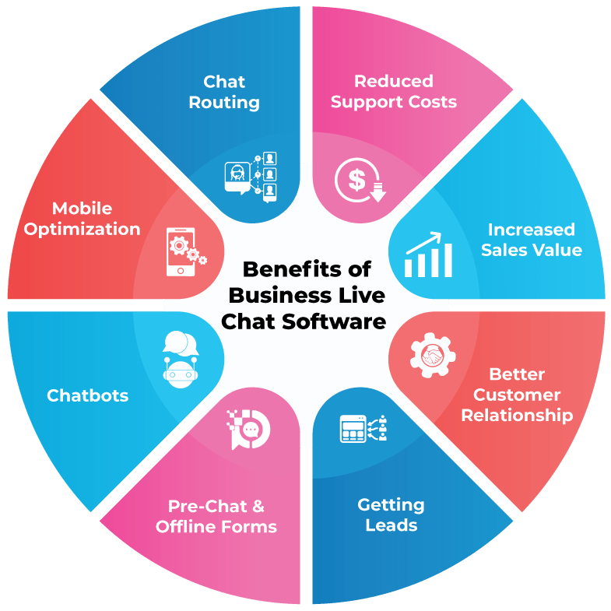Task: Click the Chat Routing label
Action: click(x=224, y=92)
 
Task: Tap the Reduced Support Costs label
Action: click(x=393, y=92)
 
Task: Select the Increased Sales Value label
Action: click(x=532, y=240)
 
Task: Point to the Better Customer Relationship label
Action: click(x=517, y=395)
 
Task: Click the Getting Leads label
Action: click(x=391, y=514)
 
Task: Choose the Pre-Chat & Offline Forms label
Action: click(x=216, y=517)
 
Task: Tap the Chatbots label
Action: click(x=88, y=395)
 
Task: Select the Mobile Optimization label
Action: click(x=82, y=219)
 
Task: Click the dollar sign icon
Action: click(x=360, y=180)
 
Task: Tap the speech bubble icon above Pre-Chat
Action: click(x=249, y=430)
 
